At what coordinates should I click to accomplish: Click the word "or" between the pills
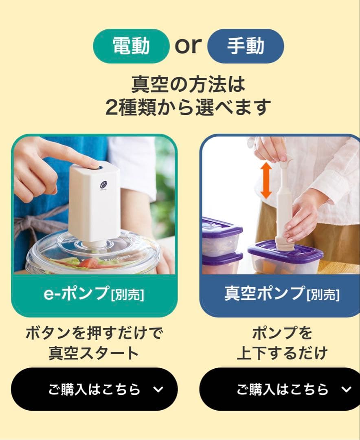point(188,45)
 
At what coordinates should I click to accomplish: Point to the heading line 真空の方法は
point(188,84)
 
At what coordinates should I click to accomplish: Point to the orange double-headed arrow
point(266,180)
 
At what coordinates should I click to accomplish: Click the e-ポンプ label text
point(77,294)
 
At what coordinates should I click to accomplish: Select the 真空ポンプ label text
point(264,293)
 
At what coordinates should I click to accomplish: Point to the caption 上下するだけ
point(282,353)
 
